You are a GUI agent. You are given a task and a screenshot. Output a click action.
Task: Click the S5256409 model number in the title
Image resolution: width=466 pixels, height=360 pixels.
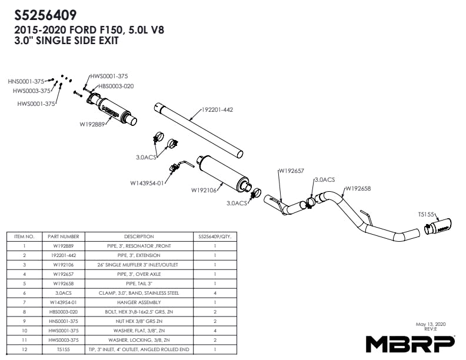45,15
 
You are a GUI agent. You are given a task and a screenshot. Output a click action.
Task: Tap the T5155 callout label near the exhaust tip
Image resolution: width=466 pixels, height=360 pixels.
426,214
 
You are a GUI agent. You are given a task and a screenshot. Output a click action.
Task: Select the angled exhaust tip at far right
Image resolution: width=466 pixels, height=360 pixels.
438,226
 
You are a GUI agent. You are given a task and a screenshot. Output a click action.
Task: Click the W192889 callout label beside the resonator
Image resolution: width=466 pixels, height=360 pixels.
92,124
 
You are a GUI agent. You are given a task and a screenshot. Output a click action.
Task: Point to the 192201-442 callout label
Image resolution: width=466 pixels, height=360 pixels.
217,109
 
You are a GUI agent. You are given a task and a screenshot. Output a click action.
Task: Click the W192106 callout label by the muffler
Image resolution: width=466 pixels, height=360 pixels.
204,190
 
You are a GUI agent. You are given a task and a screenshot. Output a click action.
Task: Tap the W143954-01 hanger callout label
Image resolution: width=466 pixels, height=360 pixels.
147,183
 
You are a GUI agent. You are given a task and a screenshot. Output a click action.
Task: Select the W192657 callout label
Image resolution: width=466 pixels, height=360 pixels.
291,171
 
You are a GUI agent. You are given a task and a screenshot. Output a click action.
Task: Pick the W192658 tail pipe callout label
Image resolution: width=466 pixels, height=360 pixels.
358,188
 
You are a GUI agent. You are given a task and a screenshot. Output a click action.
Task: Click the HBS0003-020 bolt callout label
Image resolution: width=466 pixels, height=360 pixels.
116,86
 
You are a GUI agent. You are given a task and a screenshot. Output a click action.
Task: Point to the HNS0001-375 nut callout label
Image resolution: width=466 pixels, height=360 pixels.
26,81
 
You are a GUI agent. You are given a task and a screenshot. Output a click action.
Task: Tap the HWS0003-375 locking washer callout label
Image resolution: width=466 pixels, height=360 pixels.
32,91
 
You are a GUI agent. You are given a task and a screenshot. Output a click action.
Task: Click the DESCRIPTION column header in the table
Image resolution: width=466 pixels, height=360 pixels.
139,236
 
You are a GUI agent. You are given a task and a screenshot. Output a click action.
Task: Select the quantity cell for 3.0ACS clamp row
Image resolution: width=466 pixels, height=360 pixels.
215,293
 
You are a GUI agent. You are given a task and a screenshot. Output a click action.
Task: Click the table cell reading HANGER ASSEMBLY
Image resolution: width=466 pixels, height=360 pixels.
139,302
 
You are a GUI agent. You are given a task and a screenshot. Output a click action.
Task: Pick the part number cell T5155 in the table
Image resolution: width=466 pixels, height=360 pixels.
64,349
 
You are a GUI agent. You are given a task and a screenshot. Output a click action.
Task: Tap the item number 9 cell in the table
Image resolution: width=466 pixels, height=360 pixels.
24,321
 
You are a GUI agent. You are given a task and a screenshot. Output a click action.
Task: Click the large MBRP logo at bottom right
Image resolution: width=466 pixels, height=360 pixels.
410,344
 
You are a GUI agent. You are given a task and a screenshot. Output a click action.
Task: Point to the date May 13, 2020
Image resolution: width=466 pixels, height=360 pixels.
431,324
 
